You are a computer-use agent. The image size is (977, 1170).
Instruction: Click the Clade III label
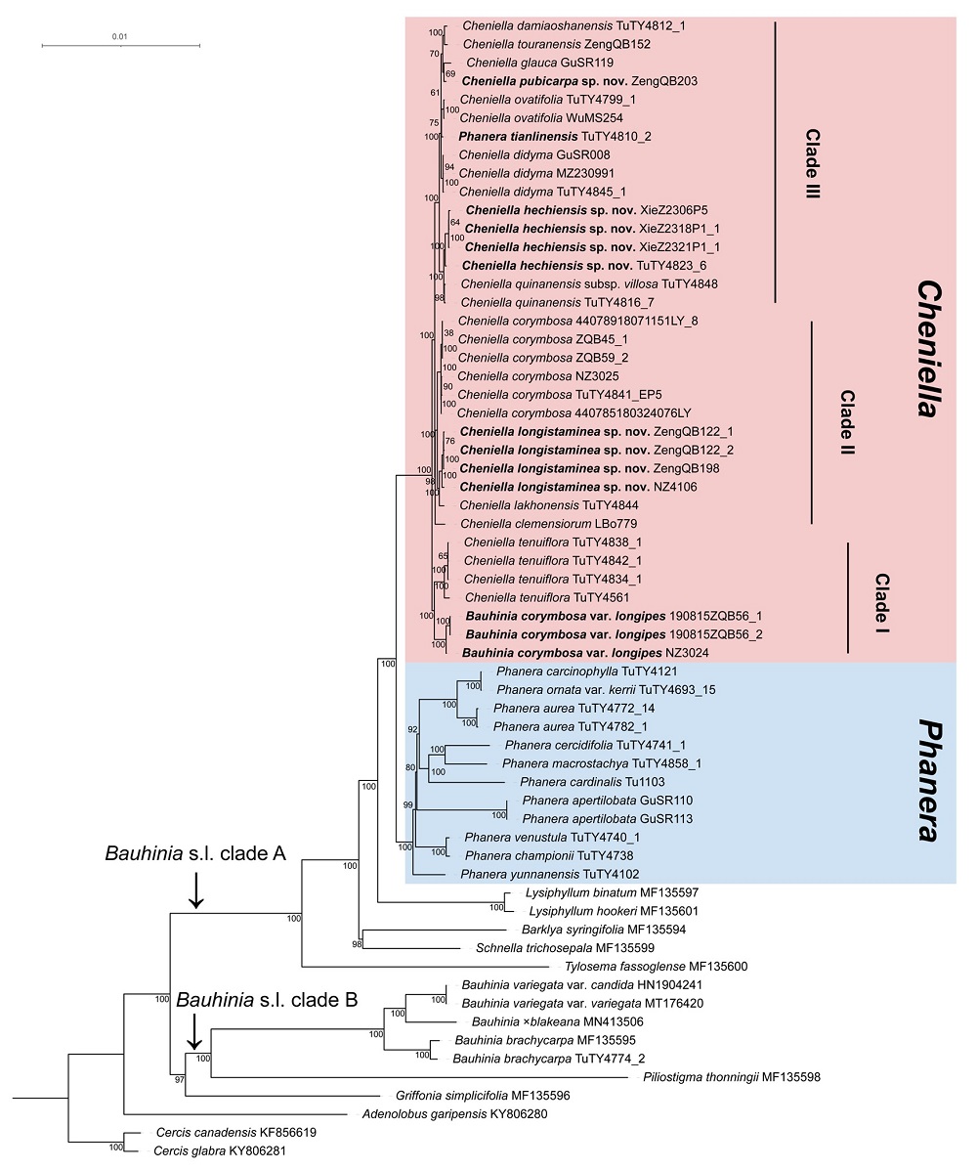tap(811, 164)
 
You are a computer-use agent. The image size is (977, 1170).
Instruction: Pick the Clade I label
tap(882, 598)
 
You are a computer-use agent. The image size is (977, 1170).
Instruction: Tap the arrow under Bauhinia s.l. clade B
tap(194, 1031)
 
